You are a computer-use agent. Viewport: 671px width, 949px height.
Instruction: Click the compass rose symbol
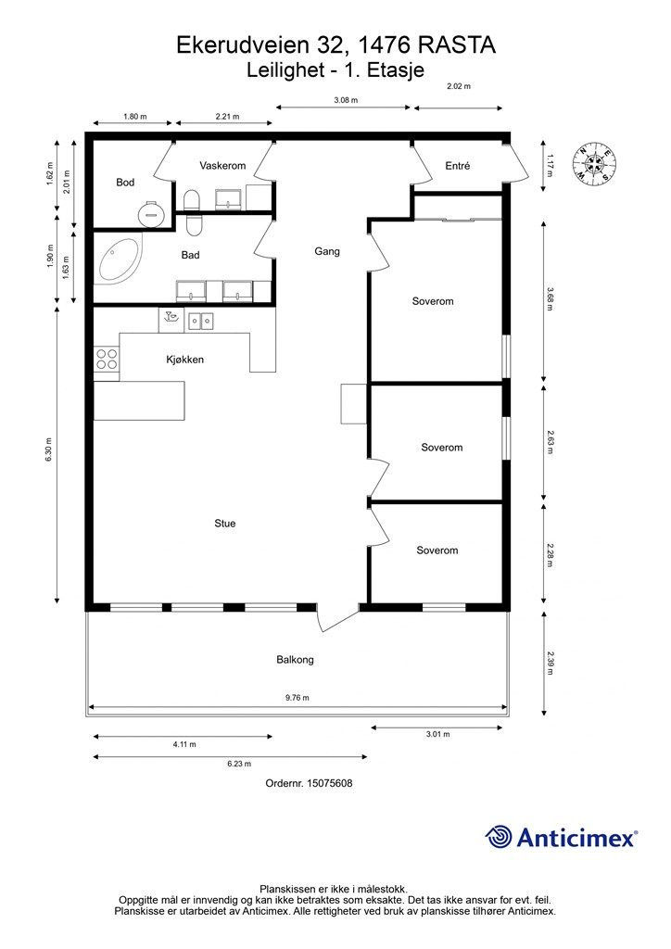[x=595, y=165]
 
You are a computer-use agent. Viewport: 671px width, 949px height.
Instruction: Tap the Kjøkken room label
[x=184, y=360]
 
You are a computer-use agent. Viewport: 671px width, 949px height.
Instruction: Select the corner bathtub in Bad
[x=118, y=259]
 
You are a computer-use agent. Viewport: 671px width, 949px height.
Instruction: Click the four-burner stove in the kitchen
[x=107, y=359]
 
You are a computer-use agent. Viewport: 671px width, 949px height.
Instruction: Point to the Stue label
[x=224, y=524]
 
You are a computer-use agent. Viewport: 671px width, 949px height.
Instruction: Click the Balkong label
[x=295, y=660]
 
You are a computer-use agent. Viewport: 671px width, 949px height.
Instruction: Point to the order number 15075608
[x=309, y=783]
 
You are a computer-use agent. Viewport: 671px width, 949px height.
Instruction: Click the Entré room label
[x=458, y=166]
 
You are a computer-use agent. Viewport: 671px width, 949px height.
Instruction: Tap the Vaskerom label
[x=222, y=165]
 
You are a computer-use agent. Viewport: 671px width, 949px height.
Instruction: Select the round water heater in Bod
[x=150, y=213]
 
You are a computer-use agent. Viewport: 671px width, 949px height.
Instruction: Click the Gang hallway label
[x=327, y=251]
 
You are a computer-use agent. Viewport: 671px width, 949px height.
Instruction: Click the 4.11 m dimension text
[x=182, y=744]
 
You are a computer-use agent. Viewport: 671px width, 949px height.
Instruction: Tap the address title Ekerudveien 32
[x=335, y=44]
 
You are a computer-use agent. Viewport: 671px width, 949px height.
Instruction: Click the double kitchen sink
[x=201, y=322]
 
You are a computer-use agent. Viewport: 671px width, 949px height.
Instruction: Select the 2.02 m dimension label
[x=459, y=86]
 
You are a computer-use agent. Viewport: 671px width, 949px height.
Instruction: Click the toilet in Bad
[x=193, y=213]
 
